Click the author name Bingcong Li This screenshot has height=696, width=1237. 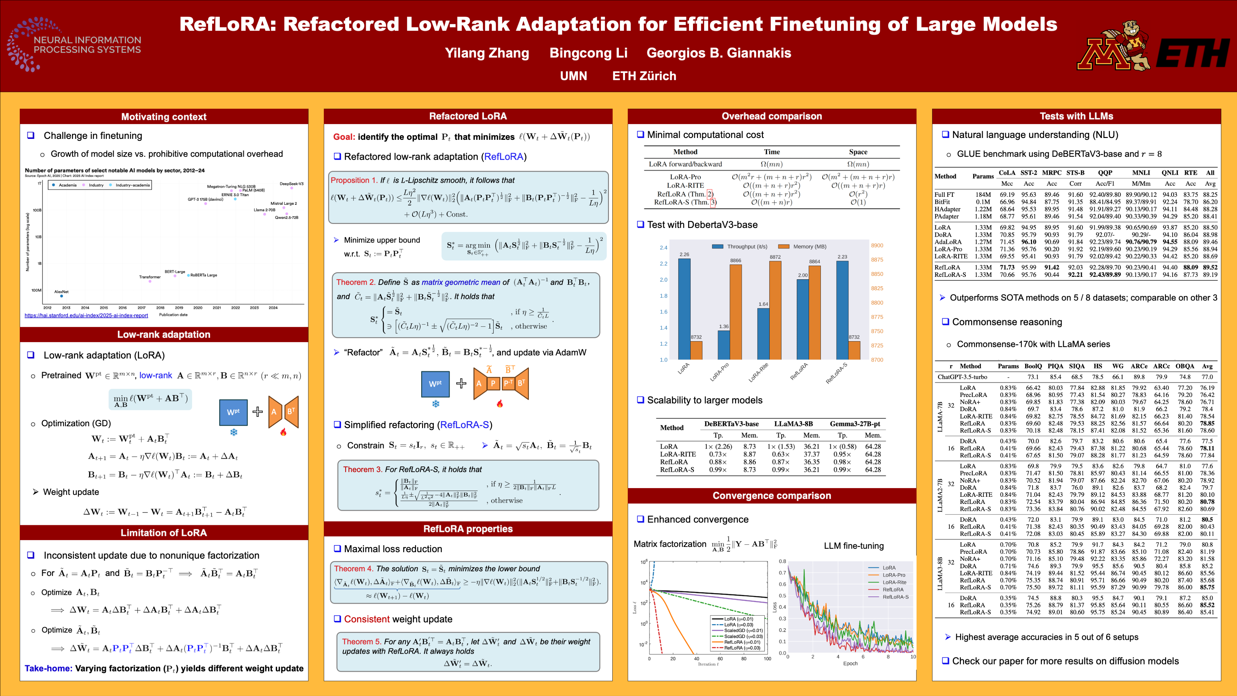pos(588,53)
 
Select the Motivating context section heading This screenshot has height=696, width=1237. pos(164,117)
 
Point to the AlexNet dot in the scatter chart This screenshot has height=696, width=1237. pos(62,296)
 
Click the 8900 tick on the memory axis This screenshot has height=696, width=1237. pos(877,245)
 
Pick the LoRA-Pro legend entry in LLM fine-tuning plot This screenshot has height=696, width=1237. pos(893,575)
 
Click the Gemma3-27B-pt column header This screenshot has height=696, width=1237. pos(855,424)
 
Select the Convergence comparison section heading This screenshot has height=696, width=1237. pos(772,496)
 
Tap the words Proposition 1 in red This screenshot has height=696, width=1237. pos(354,180)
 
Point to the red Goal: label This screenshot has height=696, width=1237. pos(344,137)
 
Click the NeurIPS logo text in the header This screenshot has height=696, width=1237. pos(88,45)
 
